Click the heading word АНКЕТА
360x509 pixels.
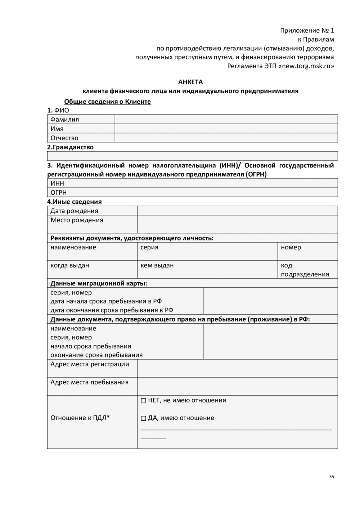pos(190,82)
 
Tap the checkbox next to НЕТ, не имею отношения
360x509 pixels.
pos(143,401)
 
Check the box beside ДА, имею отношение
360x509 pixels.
pos(143,418)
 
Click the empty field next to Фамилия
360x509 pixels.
pos(226,120)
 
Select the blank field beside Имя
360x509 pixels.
pos(226,129)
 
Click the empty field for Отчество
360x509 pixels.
pos(226,138)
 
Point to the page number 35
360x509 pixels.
pos(331,477)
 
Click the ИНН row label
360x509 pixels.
pos(57,184)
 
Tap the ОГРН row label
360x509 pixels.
pos(59,193)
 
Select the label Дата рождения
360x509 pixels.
pos(74,211)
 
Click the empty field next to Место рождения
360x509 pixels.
pos(237,224)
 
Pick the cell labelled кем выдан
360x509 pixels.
pos(207,269)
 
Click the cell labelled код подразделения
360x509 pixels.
pos(307,270)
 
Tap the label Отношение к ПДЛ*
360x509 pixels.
pos(80,418)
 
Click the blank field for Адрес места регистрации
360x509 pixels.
pos(237,368)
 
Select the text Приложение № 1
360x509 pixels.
pos(307,31)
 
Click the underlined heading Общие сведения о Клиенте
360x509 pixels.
pos(107,102)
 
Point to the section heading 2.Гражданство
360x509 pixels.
pos(70,147)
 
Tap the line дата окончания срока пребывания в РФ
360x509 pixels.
pos(112,310)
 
